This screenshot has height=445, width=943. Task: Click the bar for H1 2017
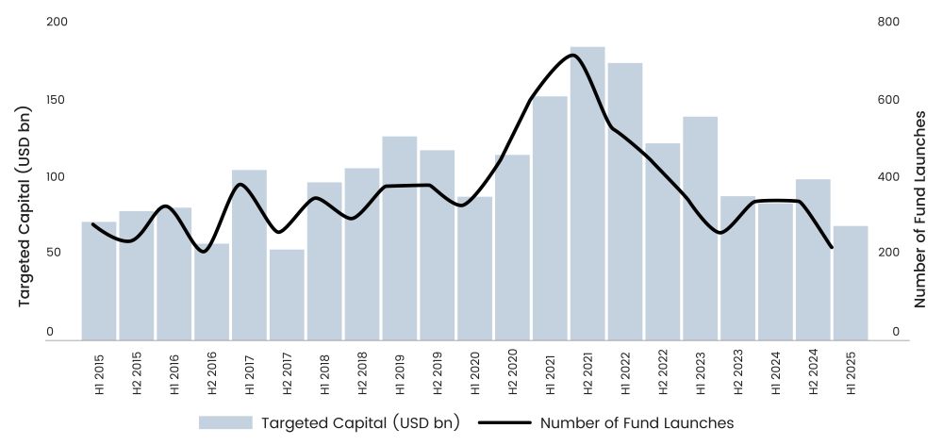249,255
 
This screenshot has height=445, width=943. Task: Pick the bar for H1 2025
851,283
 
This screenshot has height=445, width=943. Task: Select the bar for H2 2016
211,291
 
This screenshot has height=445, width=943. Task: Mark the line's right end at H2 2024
832,248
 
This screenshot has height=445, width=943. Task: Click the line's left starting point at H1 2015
92,224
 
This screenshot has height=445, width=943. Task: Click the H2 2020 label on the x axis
512,374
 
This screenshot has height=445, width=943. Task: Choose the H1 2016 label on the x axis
174,374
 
